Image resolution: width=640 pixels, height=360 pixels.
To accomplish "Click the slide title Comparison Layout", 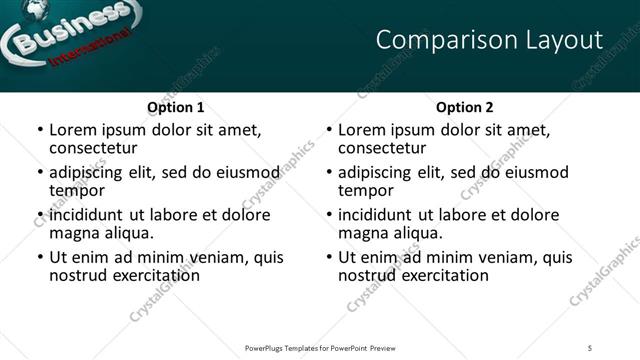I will coord(489,40).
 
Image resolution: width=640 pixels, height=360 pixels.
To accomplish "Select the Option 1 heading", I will coord(176,107).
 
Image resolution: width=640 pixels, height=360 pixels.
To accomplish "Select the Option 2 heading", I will coord(465,107).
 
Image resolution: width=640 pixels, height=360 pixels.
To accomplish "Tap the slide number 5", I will coord(591,348).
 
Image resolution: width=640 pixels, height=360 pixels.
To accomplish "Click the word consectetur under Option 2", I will coord(382,148).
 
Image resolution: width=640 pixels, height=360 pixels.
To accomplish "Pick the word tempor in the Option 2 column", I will coord(366,190).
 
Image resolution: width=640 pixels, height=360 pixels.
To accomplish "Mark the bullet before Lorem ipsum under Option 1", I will coord(40,131).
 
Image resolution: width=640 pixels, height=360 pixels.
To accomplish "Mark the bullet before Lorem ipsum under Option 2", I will coord(329,131).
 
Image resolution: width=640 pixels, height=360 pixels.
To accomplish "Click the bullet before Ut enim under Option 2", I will coord(329,257).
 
